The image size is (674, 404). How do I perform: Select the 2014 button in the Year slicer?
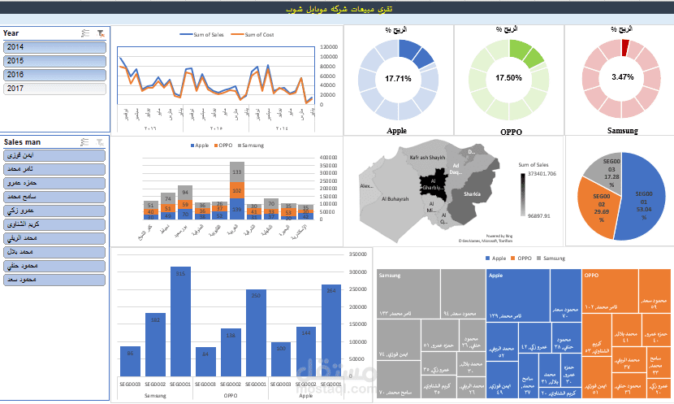tap(54, 47)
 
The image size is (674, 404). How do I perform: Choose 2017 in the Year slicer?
tap(54, 89)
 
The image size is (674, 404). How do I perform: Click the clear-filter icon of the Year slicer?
tap(100, 33)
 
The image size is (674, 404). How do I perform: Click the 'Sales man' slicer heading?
tap(24, 141)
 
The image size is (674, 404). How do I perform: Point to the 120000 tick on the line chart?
tap(330, 47)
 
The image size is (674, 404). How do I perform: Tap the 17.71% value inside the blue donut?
tap(398, 79)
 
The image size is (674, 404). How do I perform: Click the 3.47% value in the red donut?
tap(622, 77)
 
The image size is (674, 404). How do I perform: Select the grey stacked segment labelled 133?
tap(237, 172)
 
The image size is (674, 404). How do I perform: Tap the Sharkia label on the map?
tap(471, 194)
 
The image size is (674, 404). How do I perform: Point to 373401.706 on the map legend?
tap(541, 173)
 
